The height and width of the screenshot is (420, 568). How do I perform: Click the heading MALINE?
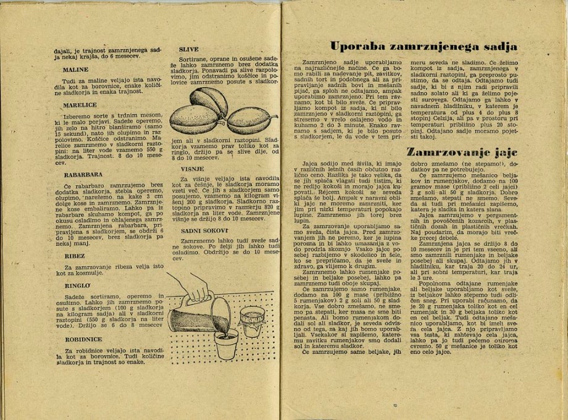[75, 70]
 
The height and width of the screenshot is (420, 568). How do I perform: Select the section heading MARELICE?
[80, 106]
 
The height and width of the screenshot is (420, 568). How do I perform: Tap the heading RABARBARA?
[83, 175]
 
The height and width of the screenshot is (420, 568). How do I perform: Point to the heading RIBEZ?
[75, 255]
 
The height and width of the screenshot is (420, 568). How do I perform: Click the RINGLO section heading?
[77, 285]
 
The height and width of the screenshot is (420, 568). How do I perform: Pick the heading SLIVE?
[188, 49]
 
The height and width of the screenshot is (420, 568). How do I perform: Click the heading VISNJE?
[192, 168]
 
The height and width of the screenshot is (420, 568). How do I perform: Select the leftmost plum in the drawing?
[193, 119]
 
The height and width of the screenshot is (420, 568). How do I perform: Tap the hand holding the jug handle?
[197, 287]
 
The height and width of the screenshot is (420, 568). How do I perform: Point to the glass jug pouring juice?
[194, 316]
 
